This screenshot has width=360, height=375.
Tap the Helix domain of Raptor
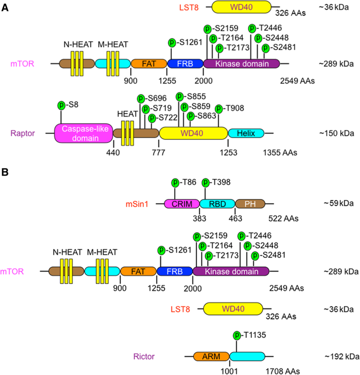246,133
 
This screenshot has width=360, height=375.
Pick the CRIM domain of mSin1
182,204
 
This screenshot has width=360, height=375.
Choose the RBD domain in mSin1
217,204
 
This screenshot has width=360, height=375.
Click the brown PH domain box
250,204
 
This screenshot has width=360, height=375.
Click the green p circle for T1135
237,335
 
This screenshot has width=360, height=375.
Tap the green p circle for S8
61,105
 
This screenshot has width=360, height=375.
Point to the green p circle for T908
219,108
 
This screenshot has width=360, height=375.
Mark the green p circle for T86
175,182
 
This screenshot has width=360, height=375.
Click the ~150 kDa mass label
336,133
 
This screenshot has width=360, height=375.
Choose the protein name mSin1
140,204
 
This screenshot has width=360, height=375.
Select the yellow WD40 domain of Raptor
193,133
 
